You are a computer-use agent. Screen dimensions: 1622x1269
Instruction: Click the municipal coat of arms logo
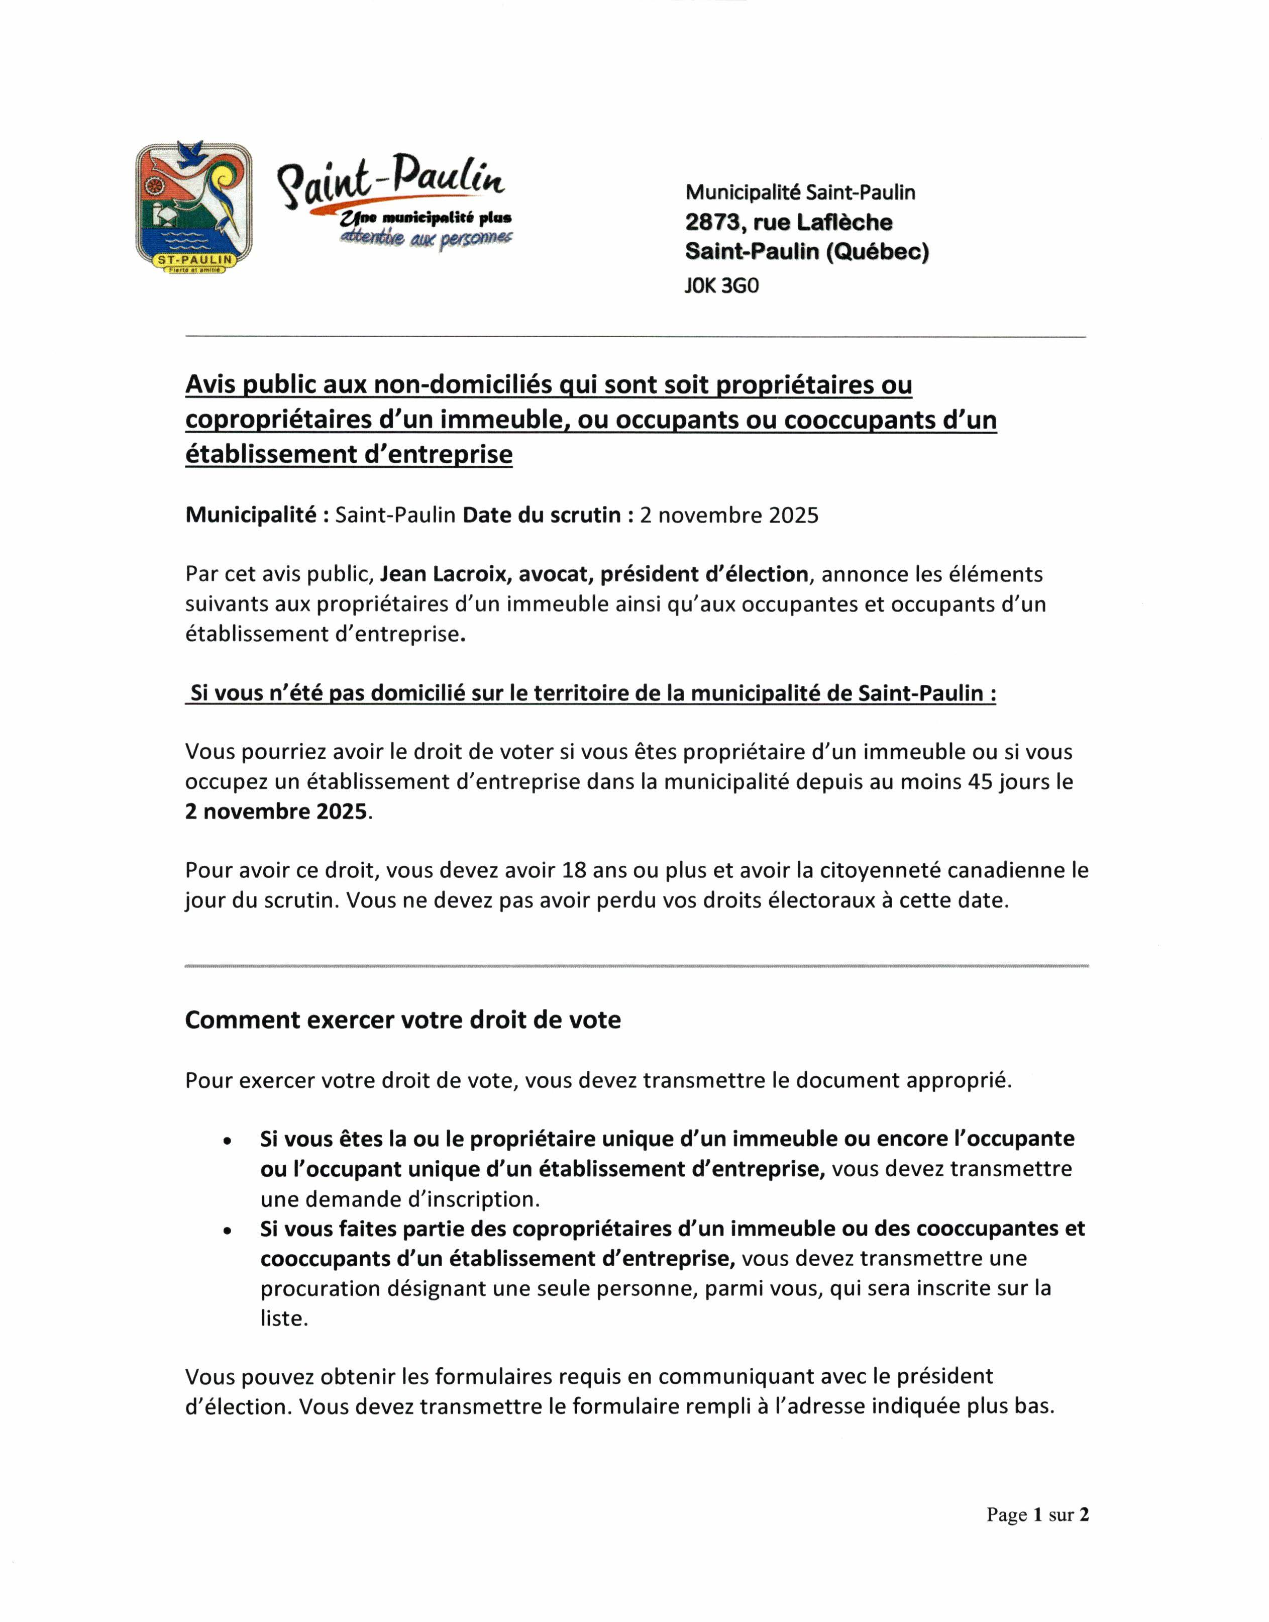(x=193, y=208)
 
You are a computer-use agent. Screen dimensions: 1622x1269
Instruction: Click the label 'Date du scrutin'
(x=541, y=515)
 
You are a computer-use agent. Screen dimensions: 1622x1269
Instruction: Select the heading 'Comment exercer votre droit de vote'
(x=403, y=1020)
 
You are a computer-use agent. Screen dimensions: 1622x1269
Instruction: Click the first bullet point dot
(x=228, y=1141)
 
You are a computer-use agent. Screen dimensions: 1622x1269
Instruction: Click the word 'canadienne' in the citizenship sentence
(x=1008, y=870)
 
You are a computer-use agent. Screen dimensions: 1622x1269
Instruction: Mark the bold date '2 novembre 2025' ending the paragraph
(x=276, y=812)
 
